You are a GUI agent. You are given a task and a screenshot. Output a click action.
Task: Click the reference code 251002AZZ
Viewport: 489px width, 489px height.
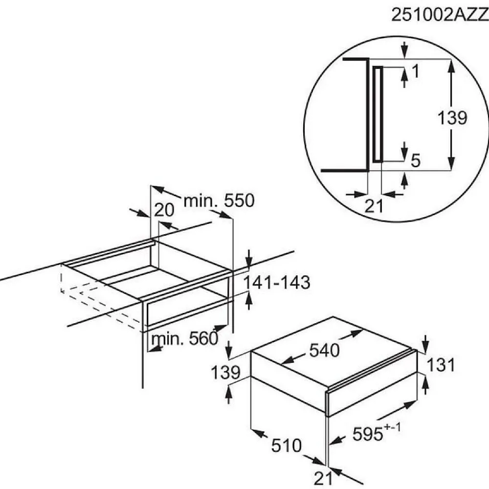(x=440, y=15)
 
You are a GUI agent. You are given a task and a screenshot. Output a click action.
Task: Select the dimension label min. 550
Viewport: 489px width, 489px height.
(x=219, y=201)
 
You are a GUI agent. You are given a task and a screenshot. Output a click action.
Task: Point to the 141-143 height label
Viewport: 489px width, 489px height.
(x=277, y=283)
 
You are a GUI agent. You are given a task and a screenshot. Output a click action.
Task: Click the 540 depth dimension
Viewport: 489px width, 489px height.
(x=324, y=350)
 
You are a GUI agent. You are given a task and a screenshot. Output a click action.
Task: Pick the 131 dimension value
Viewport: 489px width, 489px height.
(x=441, y=365)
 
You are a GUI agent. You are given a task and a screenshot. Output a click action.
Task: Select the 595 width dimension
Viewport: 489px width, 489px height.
(x=367, y=434)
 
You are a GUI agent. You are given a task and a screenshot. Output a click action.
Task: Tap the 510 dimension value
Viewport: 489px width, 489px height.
(x=286, y=445)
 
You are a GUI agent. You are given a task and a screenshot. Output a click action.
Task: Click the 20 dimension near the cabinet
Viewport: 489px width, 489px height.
(x=164, y=210)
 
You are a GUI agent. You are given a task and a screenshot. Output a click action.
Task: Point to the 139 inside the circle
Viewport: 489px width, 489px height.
(x=452, y=118)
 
